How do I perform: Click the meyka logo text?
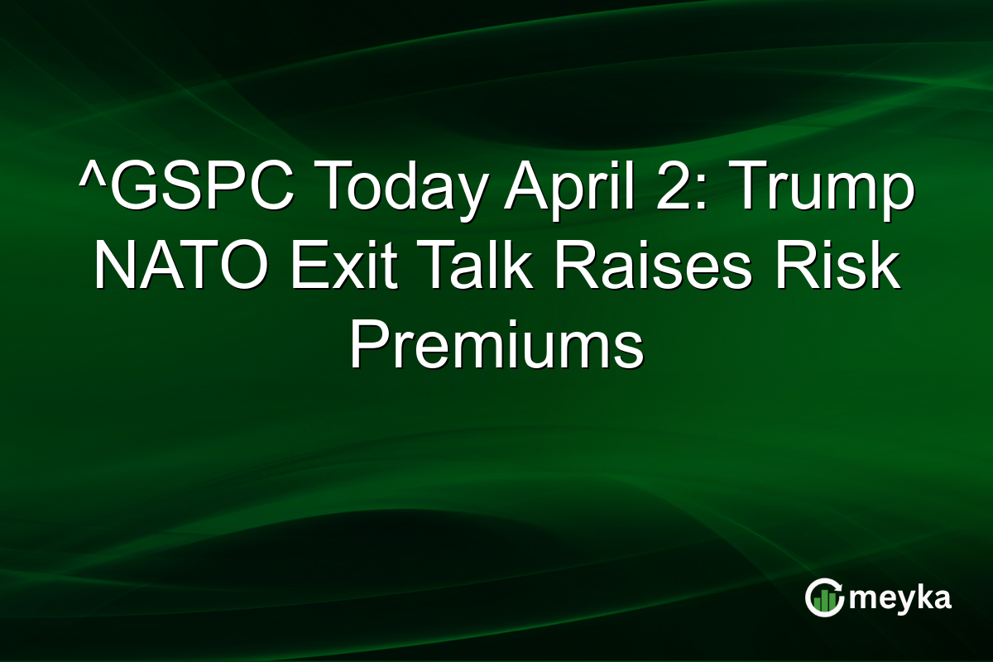click(899, 598)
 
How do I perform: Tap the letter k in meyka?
click(921, 597)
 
